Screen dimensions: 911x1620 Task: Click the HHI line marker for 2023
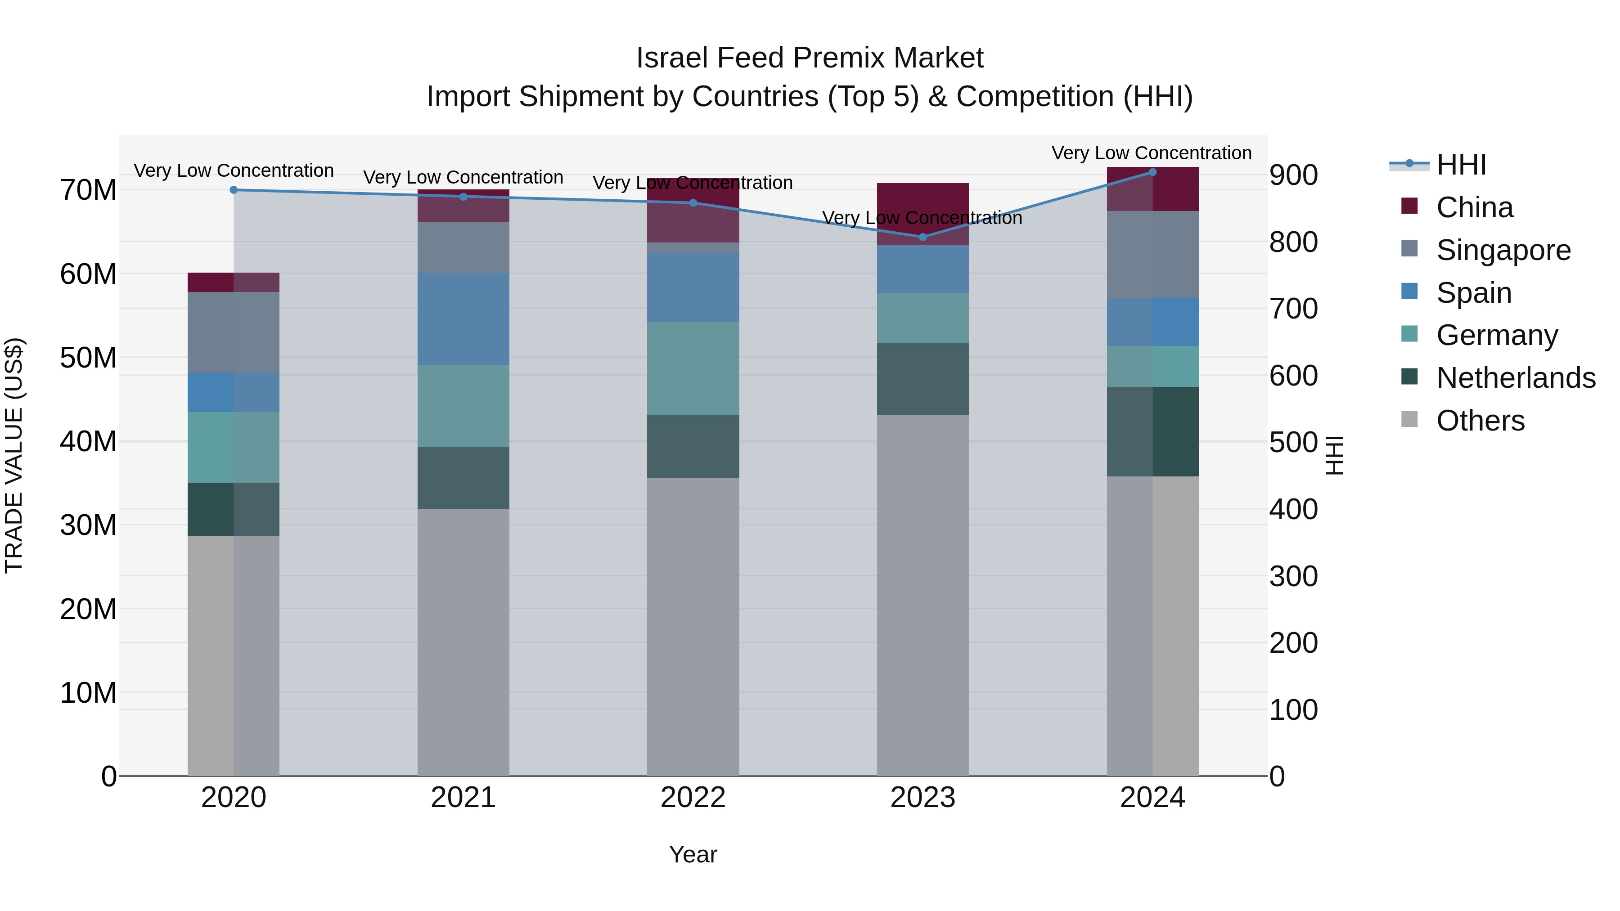[922, 237]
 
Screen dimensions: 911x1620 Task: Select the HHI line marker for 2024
[1152, 172]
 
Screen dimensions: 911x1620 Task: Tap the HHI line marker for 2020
[233, 190]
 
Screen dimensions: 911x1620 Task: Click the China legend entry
[1474, 207]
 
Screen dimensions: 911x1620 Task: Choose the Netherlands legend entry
[1516, 378]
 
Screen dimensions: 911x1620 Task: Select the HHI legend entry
[1461, 165]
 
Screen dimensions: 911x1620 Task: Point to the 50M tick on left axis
[88, 358]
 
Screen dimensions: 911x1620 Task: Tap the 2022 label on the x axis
[693, 798]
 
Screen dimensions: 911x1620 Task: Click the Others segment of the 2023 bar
[922, 595]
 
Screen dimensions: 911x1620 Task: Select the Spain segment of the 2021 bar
[463, 319]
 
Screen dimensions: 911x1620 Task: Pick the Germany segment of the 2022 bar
[693, 368]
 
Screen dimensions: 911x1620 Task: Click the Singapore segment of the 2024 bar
[1152, 255]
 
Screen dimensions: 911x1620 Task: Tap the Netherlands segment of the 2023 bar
[922, 379]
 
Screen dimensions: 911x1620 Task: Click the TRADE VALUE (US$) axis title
[14, 455]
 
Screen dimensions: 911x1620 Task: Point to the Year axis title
[693, 854]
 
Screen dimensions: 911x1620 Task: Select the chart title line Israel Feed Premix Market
[810, 58]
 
